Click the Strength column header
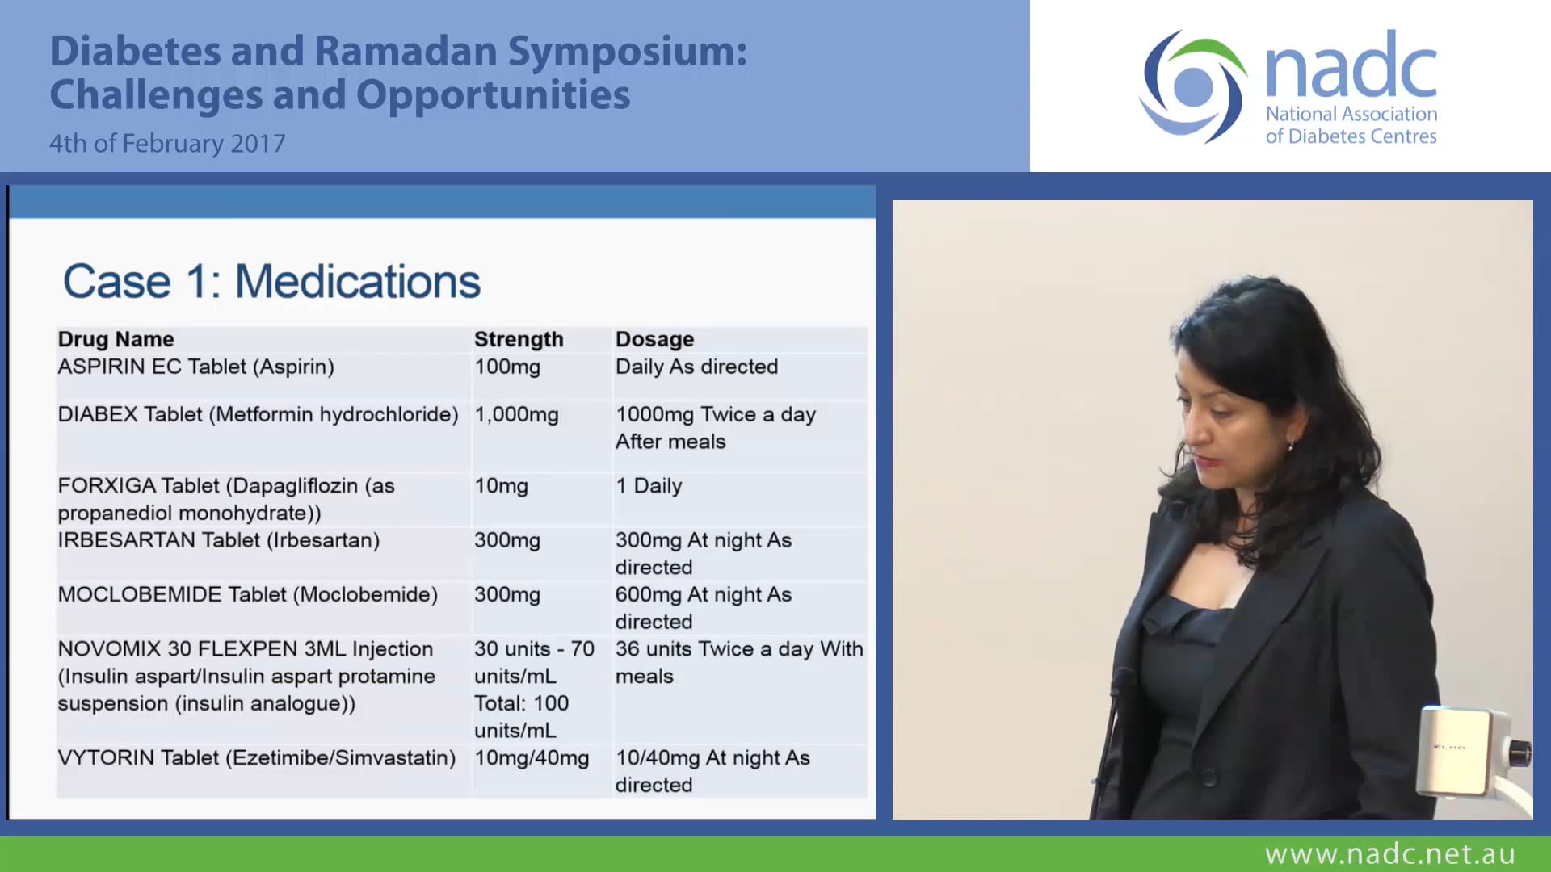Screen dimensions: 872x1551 click(518, 339)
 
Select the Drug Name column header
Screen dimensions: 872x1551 click(116, 339)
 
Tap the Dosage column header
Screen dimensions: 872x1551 click(654, 339)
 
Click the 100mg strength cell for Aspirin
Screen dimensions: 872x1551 click(506, 367)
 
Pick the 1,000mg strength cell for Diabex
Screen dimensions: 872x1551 click(516, 415)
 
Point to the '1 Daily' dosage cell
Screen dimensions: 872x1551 click(649, 486)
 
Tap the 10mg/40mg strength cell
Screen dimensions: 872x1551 click(531, 758)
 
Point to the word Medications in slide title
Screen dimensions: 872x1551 click(357, 282)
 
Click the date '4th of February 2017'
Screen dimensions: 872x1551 click(167, 144)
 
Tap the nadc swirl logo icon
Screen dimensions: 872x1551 click(1192, 87)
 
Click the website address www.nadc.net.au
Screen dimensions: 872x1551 click(1389, 853)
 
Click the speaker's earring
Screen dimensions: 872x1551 click(1291, 445)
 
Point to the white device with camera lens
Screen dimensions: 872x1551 click(1466, 751)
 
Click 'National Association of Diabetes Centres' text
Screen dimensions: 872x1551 click(1351, 125)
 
